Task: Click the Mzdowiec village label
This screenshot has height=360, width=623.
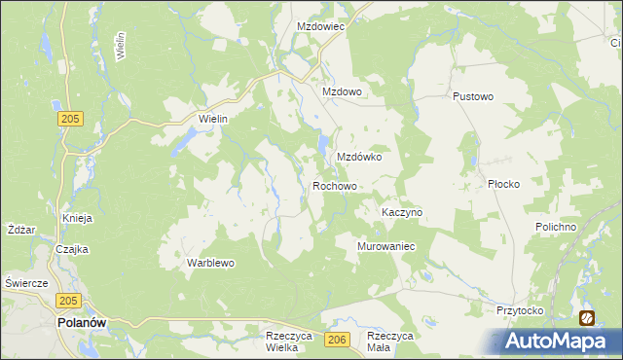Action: click(321, 27)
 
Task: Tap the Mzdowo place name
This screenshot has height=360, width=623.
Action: click(342, 91)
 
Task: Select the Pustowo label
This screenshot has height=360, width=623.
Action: click(474, 97)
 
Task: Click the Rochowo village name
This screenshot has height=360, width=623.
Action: click(335, 185)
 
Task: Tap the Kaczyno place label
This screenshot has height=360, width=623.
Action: click(402, 211)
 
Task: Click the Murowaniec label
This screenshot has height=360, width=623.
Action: click(387, 246)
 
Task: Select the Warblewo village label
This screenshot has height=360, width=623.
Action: click(211, 263)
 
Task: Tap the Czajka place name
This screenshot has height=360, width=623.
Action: click(72, 248)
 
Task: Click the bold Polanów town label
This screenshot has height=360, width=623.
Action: click(82, 322)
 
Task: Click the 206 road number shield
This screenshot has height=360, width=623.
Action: click(337, 339)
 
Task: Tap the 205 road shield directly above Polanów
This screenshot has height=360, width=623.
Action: click(67, 301)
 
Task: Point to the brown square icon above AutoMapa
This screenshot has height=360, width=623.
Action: click(587, 317)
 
